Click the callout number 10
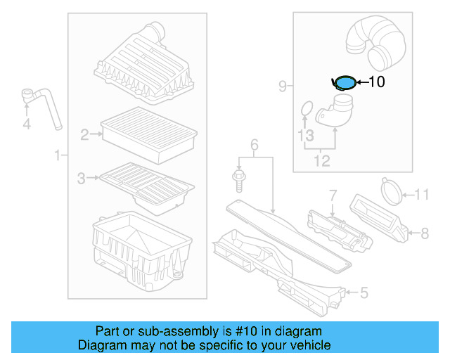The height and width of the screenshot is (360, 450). pyautogui.click(x=377, y=82)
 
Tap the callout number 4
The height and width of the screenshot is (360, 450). pyautogui.click(x=27, y=125)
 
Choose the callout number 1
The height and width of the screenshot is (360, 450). pyautogui.click(x=58, y=155)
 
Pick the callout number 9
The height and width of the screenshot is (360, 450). pyautogui.click(x=283, y=86)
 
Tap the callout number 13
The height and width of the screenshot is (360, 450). pyautogui.click(x=304, y=134)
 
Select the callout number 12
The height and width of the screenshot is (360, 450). pyautogui.click(x=321, y=162)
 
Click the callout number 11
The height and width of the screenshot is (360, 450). pyautogui.click(x=421, y=194)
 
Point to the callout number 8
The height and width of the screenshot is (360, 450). pyautogui.click(x=424, y=231)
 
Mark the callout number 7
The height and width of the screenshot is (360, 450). pyautogui.click(x=333, y=193)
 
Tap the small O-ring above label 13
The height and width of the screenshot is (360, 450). pyautogui.click(x=306, y=109)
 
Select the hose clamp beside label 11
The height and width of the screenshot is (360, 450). pyautogui.click(x=391, y=190)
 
